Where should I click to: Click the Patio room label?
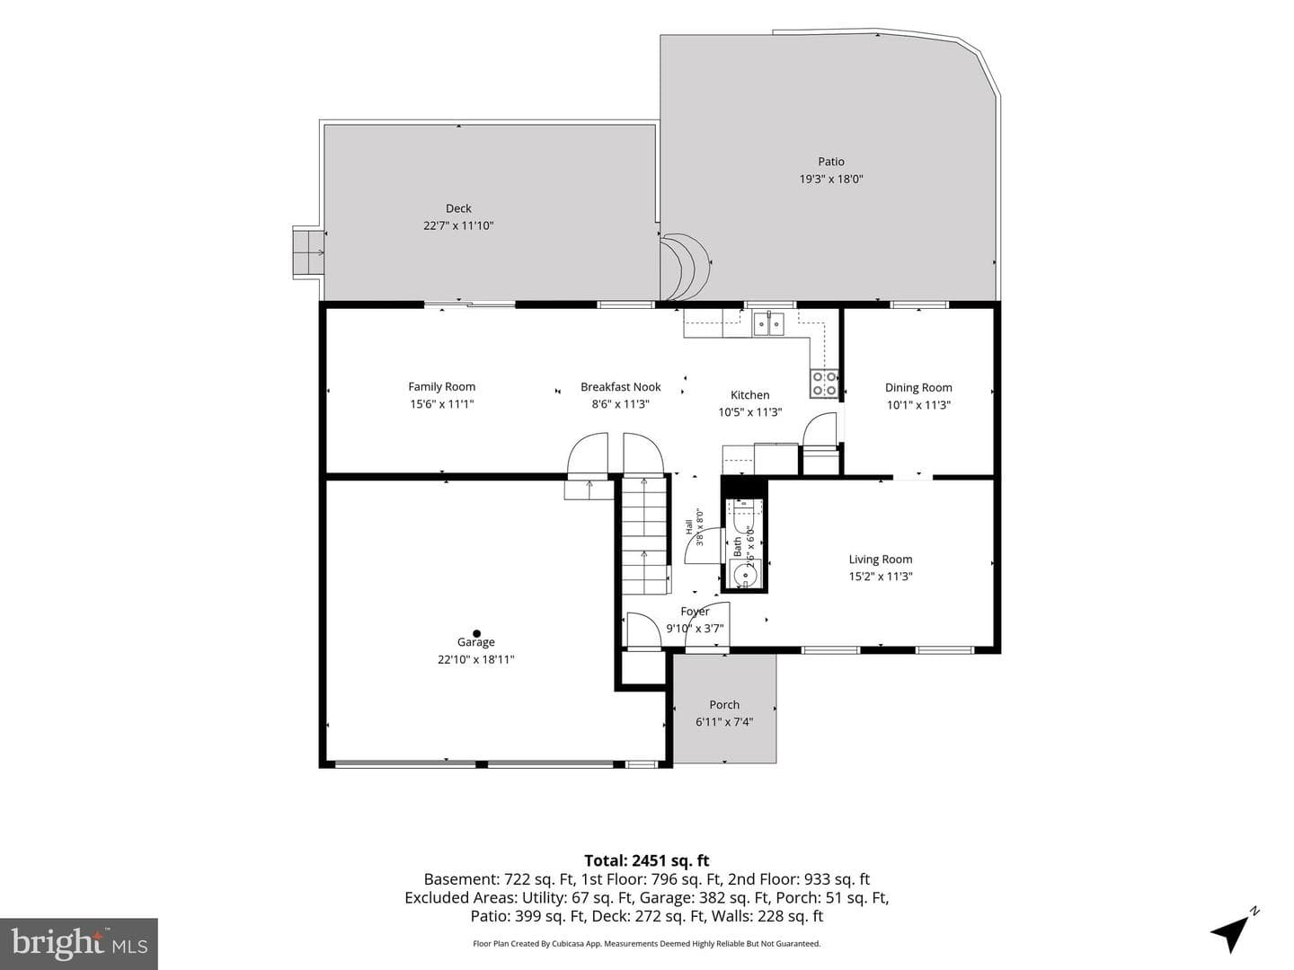tap(830, 162)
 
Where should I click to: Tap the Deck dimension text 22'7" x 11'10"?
tap(458, 225)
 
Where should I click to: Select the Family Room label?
tap(441, 387)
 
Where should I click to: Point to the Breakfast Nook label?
tap(620, 387)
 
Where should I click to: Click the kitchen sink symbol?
tap(768, 324)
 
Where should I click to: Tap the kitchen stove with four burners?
tap(824, 383)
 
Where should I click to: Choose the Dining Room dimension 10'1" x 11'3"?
tap(918, 405)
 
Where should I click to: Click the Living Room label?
tap(880, 560)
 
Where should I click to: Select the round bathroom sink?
tap(746, 575)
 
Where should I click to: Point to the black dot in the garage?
tap(476, 634)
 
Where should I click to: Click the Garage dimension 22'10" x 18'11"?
tap(475, 659)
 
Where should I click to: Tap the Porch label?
tap(724, 705)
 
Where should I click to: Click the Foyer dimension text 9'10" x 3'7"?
tap(695, 629)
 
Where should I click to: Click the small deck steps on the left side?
tap(308, 252)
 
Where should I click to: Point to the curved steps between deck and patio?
tap(684, 266)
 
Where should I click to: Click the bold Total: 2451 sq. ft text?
tap(647, 861)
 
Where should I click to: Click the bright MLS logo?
tap(79, 944)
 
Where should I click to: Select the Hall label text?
tap(689, 526)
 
